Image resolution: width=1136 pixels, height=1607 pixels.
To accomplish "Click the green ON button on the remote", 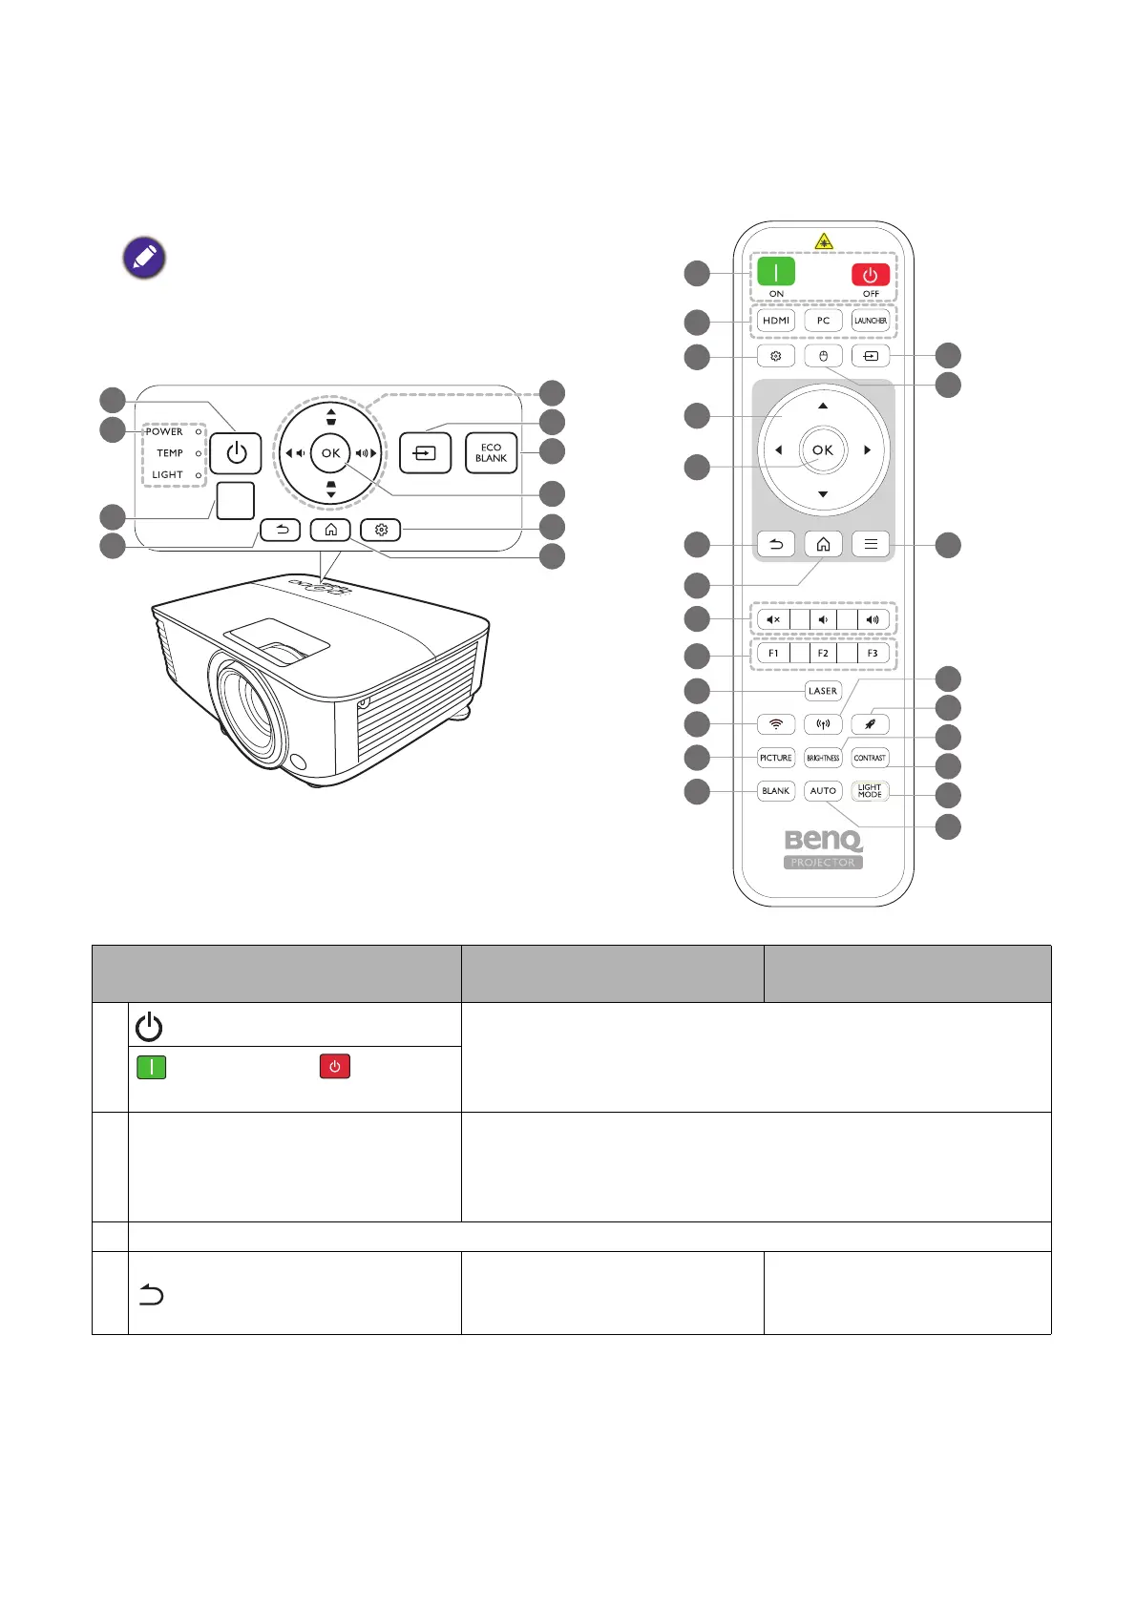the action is (776, 272).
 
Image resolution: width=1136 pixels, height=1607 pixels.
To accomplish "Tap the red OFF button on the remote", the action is (870, 275).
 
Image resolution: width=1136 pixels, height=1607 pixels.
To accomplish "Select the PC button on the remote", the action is (823, 321).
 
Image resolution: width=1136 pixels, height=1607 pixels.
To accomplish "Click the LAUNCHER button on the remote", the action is (870, 321).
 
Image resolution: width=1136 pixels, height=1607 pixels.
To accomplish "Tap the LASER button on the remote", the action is (823, 691).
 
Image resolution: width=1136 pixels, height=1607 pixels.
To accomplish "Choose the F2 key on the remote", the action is (823, 654).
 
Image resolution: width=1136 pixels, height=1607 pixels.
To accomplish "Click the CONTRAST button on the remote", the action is (870, 758).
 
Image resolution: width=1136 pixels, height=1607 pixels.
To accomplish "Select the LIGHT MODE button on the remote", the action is (870, 791).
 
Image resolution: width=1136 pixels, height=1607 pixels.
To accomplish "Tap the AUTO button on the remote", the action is (823, 791).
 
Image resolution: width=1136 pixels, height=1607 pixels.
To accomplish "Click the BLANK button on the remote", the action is (776, 791).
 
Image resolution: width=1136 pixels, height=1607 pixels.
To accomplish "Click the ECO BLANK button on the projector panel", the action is (491, 453).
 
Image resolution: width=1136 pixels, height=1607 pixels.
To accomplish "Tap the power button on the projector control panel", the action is (236, 453).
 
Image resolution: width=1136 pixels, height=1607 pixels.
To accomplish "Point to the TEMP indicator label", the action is (170, 453).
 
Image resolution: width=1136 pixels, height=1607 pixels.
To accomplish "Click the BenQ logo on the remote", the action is (823, 840).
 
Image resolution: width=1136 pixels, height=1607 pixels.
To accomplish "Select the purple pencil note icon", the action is (144, 258).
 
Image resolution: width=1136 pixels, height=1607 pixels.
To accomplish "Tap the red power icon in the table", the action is (335, 1066).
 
